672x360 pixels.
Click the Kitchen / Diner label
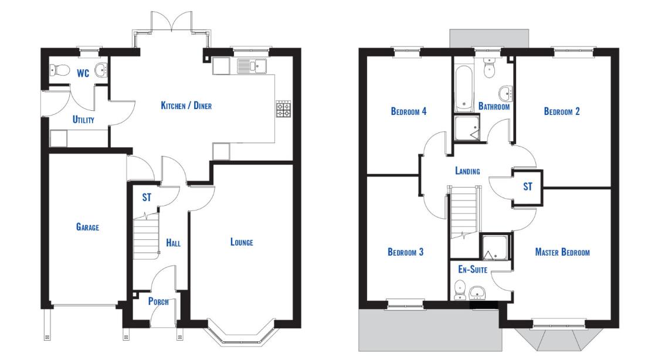pyautogui.click(x=186, y=106)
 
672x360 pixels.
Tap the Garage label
pyautogui.click(x=87, y=227)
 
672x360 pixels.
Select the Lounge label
pyautogui.click(x=242, y=242)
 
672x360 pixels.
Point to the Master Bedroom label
pyautogui.click(x=562, y=252)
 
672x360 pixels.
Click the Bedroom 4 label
pyautogui.click(x=409, y=111)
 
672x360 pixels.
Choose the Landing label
pyautogui.click(x=467, y=171)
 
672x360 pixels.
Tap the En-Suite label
pyautogui.click(x=473, y=269)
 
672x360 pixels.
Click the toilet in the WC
pyautogui.click(x=59, y=69)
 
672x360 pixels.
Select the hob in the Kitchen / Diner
pyautogui.click(x=283, y=109)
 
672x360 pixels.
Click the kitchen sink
pyautogui.click(x=252, y=66)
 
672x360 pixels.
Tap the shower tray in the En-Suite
pyautogui.click(x=495, y=247)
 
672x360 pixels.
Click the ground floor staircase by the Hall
pyautogui.click(x=146, y=238)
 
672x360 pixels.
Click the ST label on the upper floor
pyautogui.click(x=528, y=186)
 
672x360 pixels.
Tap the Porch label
pyautogui.click(x=158, y=301)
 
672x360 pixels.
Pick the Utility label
pyautogui.click(x=83, y=120)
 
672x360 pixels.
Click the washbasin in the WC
pyautogui.click(x=101, y=70)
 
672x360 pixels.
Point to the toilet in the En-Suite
pyautogui.click(x=460, y=290)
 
